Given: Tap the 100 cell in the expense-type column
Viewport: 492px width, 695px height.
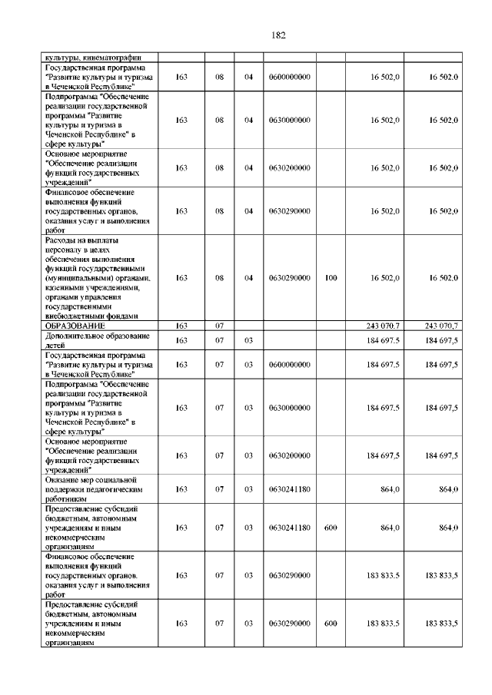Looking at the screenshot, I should point(331,278).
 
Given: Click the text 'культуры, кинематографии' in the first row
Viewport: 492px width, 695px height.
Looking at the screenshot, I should point(91,57).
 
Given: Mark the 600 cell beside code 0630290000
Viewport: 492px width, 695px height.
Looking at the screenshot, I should point(331,624).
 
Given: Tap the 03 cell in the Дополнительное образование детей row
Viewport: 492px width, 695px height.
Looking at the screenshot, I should point(248,340).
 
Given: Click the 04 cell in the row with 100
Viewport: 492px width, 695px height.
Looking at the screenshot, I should point(248,278).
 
